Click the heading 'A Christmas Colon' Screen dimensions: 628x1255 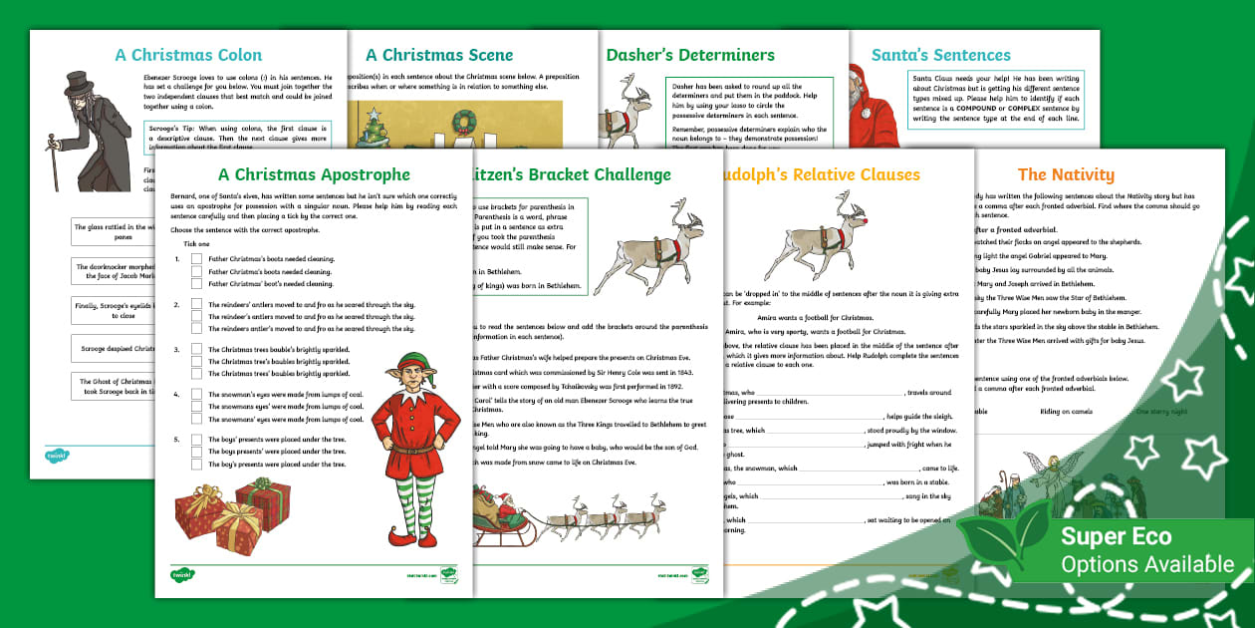click(x=188, y=55)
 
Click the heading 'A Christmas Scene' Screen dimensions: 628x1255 click(x=439, y=55)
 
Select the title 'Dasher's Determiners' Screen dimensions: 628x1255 click(x=690, y=55)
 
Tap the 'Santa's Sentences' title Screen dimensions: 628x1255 click(x=940, y=55)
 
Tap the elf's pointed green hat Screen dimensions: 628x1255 click(x=405, y=363)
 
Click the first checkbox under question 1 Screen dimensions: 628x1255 click(x=196, y=258)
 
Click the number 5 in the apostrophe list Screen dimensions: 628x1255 click(x=177, y=439)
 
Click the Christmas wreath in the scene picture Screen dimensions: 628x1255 click(x=463, y=122)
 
